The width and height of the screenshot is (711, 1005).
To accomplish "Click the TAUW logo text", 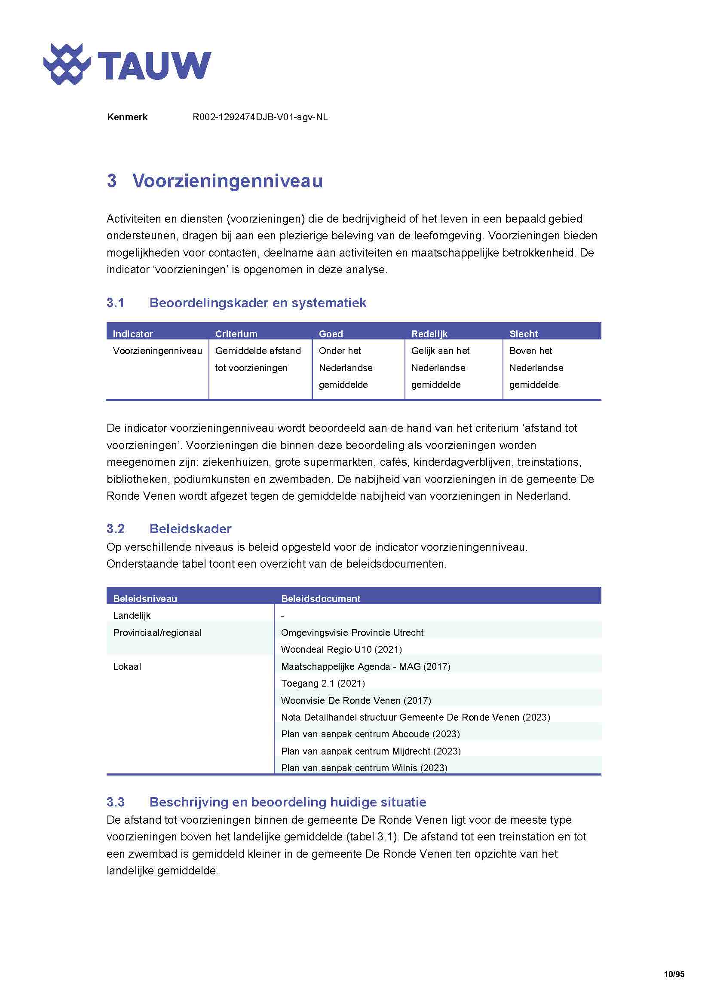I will point(154,66).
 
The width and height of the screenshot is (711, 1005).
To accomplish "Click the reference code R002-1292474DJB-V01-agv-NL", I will point(260,117).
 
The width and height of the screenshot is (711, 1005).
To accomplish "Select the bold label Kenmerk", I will point(127,117).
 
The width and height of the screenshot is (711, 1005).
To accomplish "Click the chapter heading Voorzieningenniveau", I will point(227,181).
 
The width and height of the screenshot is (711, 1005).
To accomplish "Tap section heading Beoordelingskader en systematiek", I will point(257,303).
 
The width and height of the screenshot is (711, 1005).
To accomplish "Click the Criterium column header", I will point(236,334).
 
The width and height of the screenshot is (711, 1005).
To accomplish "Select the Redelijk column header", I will point(429,334).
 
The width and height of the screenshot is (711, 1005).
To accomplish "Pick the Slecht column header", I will point(523,334).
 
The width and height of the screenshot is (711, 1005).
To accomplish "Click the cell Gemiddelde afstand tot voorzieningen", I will point(258,359).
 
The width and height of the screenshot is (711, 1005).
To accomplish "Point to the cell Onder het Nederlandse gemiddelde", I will point(346,368).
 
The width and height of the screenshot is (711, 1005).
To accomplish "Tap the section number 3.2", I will point(116,529).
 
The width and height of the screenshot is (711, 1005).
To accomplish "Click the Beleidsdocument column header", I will point(321,599).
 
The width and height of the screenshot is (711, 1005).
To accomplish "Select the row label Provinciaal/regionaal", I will point(157,632).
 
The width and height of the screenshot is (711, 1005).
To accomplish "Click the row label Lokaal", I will point(127,667).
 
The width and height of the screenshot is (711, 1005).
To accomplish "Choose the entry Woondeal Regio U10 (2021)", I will point(341,649).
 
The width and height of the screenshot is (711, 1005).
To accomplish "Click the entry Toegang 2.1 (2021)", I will point(323,683).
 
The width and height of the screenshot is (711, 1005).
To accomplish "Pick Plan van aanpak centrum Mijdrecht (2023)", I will point(371,751).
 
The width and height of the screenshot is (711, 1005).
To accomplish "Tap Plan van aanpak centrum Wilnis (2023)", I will point(364,768).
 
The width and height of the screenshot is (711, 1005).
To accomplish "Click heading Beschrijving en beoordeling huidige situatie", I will point(288,802).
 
